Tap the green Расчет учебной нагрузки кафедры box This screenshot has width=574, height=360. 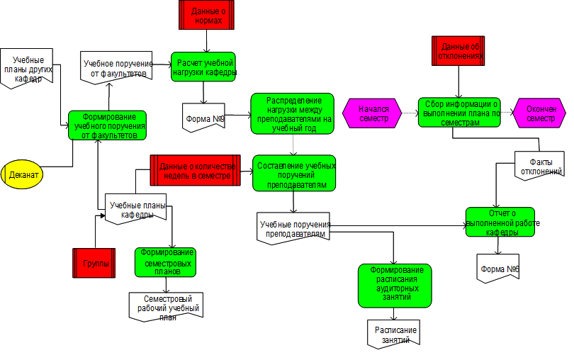coord(203,67)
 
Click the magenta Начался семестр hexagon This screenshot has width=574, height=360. coord(373,113)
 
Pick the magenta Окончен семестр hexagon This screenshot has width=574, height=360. coord(541,113)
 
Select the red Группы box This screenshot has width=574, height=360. coord(94,263)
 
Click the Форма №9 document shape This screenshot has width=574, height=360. coord(203,116)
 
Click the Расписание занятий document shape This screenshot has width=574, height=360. coord(395,334)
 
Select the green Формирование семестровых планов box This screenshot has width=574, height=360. coord(167,261)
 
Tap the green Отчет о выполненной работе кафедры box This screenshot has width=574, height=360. coord(500,221)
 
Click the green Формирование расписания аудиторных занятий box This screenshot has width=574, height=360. coord(394,285)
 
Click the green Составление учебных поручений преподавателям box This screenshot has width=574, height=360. coord(294,173)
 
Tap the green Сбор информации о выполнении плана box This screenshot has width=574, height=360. coord(458,112)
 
